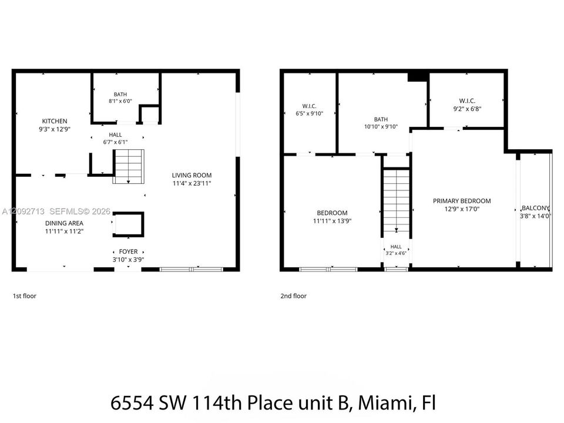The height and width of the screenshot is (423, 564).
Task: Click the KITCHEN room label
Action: (55, 121)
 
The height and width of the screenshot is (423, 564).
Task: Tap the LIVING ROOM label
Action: (192, 175)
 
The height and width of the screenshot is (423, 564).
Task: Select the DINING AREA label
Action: (64, 223)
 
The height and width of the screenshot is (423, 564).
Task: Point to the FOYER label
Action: (129, 252)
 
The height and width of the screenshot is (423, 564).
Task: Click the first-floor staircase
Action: (129, 166)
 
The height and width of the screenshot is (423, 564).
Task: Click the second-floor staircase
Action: (396, 202)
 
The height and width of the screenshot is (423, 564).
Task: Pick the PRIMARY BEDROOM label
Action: (462, 201)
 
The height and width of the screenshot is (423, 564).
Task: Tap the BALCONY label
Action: (536, 208)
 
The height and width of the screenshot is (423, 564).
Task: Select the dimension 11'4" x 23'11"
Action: (192, 183)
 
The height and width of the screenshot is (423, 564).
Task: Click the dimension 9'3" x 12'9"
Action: (55, 129)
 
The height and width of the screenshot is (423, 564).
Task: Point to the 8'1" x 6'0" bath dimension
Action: (120, 102)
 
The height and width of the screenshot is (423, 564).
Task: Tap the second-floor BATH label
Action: (381, 119)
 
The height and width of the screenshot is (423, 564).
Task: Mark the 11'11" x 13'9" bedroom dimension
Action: (332, 221)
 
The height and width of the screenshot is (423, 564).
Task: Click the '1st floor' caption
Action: (25, 296)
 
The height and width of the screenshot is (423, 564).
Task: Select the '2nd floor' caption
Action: (294, 296)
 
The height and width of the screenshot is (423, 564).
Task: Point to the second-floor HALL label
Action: (396, 247)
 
